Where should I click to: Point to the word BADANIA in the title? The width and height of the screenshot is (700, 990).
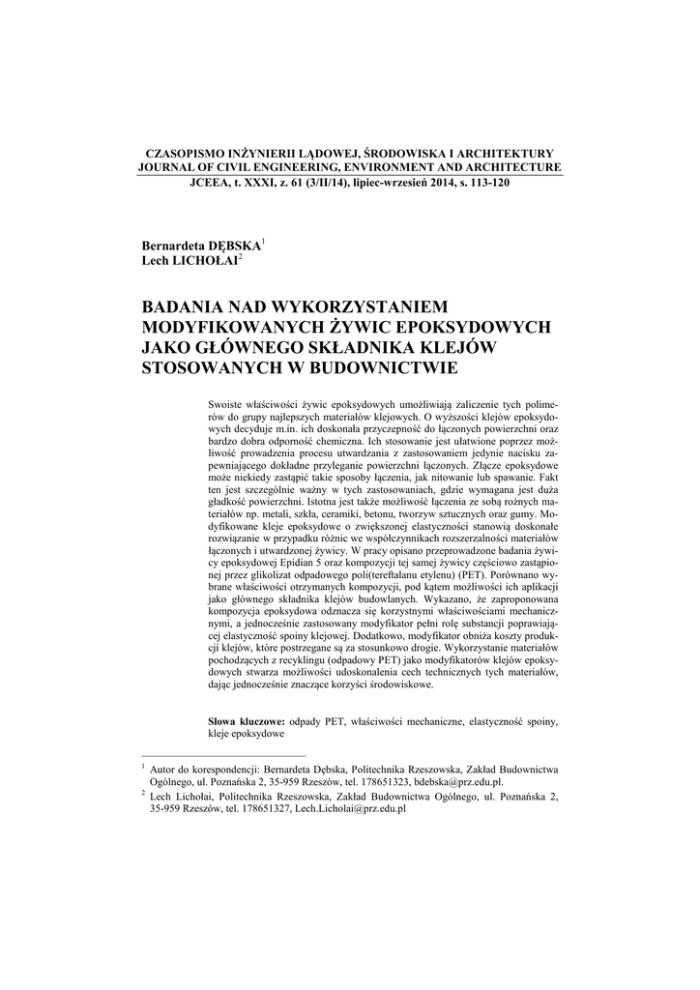tap(182, 307)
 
